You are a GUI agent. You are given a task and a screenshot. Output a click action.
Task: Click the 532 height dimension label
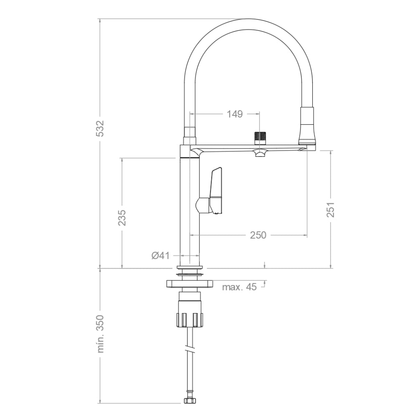point(100,129)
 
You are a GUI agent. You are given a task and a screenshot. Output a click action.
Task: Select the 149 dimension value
point(234,114)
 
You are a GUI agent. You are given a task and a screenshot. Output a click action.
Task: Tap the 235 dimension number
point(121,217)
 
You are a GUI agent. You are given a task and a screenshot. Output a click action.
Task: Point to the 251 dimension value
point(331,210)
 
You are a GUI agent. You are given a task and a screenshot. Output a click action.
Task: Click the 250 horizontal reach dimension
point(258,235)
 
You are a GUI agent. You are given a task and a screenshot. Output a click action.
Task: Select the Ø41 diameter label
point(161,256)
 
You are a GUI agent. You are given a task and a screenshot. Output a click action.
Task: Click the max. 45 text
point(239,287)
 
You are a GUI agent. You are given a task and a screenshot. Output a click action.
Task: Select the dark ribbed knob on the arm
point(260,137)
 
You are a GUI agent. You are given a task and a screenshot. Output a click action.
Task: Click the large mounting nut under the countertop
point(190,319)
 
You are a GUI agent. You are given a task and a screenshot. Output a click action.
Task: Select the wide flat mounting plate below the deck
point(190,284)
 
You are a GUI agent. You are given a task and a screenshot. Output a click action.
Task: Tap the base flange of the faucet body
point(190,266)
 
